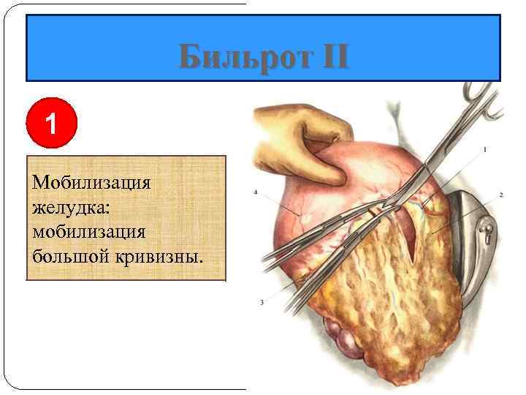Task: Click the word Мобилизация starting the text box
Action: pyautogui.click(x=91, y=181)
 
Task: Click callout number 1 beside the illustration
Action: pyautogui.click(x=485, y=150)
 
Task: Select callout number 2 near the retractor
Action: pyautogui.click(x=501, y=195)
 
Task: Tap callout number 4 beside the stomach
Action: pyautogui.click(x=256, y=192)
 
